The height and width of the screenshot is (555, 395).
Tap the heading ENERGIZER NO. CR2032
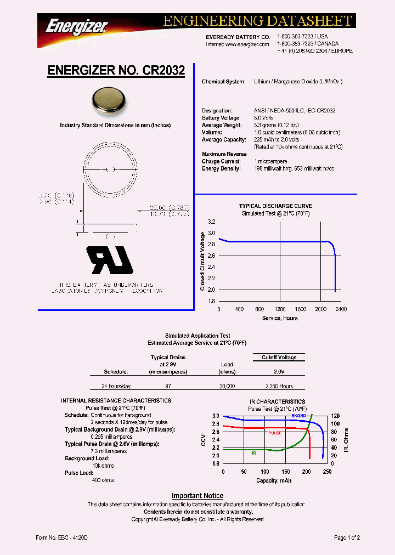pos(116,71)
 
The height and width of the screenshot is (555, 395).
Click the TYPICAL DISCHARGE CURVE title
pos(275,206)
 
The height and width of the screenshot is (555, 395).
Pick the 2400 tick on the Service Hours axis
pos(341,309)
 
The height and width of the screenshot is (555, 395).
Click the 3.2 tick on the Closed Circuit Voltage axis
pos(212,222)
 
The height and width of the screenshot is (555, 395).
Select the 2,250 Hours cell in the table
pos(279,386)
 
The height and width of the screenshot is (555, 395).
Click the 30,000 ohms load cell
pos(227,386)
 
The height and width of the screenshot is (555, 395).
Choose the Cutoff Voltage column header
pos(279,358)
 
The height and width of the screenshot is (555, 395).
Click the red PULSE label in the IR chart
pos(275,433)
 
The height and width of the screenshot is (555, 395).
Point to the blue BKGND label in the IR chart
pos(298,416)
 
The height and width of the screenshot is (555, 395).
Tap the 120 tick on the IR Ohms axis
pos(335,416)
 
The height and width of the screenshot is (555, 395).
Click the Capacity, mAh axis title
pos(274,480)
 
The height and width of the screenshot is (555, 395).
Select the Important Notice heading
pos(198,496)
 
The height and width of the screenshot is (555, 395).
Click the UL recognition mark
pos(110,260)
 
